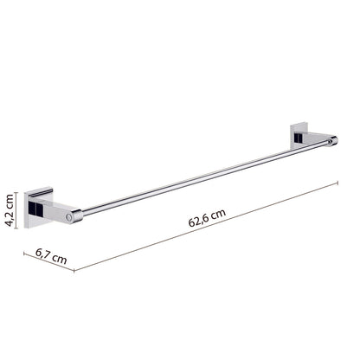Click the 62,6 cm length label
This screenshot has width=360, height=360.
[x=207, y=218]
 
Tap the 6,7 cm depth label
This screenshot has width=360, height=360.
[x=51, y=256]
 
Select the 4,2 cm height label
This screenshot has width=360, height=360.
[x=10, y=210]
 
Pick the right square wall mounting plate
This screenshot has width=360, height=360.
[x=299, y=135]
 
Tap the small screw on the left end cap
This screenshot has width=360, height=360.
[x=68, y=217]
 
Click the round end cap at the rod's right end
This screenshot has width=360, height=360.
[x=334, y=141]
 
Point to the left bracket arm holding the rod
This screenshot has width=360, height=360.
[x=58, y=211]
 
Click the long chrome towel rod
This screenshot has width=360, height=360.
[x=205, y=177]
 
